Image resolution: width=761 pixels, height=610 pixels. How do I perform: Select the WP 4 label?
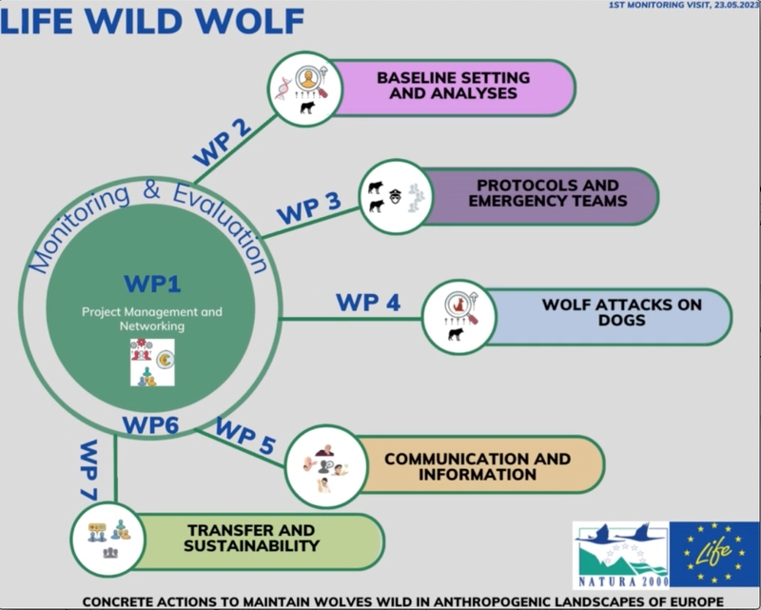[x=367, y=303]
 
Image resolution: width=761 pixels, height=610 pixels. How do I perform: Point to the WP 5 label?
[x=245, y=434]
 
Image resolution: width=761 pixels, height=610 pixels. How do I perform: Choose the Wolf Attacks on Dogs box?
[x=609, y=313]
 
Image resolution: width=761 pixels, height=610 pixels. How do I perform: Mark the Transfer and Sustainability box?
[x=252, y=540]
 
